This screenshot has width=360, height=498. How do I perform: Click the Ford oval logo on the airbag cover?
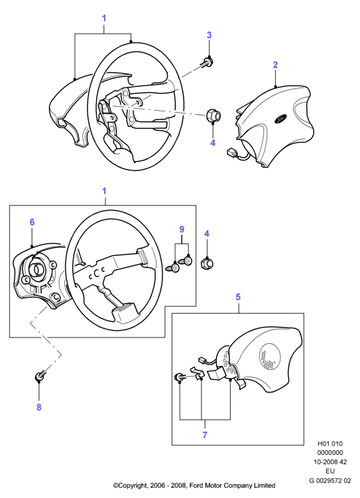[x=280, y=118]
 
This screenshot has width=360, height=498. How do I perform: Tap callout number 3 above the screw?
[x=209, y=35]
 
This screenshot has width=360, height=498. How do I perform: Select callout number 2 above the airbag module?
[x=275, y=65]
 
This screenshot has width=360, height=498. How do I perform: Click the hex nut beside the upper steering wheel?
[x=213, y=115]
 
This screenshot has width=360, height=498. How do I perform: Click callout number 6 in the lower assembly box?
[x=32, y=222]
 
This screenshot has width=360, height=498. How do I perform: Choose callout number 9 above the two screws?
[x=182, y=229]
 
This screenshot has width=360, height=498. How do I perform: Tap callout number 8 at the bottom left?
[x=38, y=407]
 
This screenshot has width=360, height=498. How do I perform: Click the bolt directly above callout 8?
[x=40, y=376]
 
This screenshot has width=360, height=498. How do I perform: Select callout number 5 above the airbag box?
[x=238, y=297]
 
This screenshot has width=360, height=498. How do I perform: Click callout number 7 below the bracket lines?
[x=205, y=435]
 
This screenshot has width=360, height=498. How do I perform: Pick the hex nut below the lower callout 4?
[x=208, y=263]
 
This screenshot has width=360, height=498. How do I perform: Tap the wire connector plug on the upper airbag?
[x=231, y=153]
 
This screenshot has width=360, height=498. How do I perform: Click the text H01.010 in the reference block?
[x=330, y=444]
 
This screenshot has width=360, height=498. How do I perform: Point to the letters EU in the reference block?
[x=330, y=471]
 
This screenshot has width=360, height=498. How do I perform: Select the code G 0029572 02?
[x=330, y=480]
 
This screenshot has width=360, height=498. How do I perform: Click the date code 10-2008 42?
[x=330, y=462]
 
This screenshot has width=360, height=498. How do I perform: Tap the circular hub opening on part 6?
[x=38, y=270]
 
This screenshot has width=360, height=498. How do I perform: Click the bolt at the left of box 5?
[x=180, y=377]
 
